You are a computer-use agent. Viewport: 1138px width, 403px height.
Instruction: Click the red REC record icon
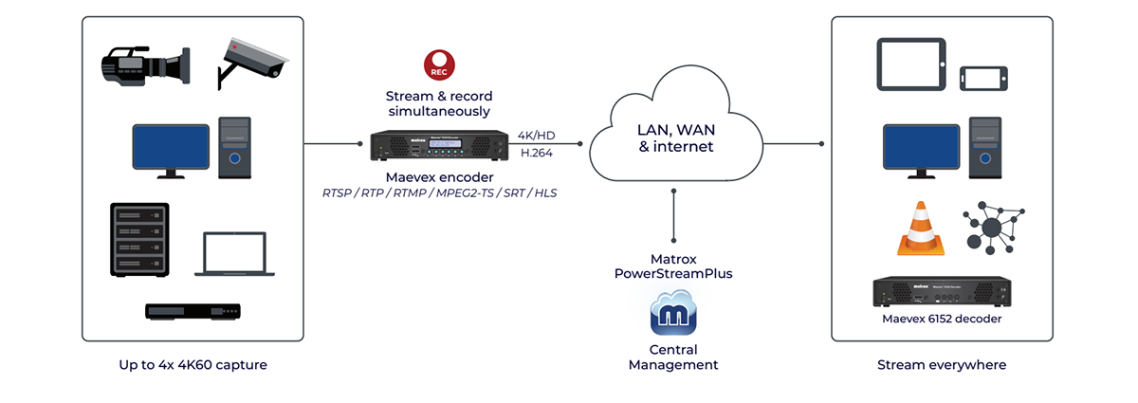(439, 64)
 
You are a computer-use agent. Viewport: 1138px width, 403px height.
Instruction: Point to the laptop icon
(237, 255)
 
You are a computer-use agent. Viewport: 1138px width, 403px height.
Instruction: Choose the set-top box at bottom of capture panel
(193, 311)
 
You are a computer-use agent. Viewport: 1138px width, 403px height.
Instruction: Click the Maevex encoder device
(439, 147)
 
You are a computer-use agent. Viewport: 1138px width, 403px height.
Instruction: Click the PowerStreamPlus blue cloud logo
(673, 317)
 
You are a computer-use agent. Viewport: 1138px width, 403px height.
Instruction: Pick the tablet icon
(909, 64)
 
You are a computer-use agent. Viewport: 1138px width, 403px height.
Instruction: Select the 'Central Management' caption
(673, 357)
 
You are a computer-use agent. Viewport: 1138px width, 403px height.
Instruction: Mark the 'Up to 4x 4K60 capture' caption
(193, 364)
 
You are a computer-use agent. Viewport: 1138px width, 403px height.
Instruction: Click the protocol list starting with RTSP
(439, 193)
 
